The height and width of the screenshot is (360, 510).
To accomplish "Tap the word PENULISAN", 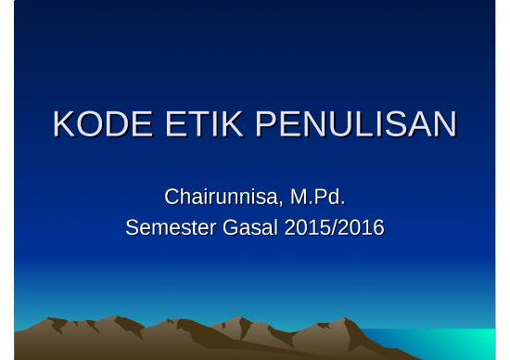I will (356, 124).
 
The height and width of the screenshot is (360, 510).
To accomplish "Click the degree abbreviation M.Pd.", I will (317, 197).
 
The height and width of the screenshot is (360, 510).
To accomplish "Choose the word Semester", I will (170, 227).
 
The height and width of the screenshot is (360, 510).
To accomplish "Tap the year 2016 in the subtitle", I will (361, 227).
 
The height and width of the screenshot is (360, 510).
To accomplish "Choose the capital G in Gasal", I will (232, 227).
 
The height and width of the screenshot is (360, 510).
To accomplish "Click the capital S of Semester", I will (133, 227).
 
